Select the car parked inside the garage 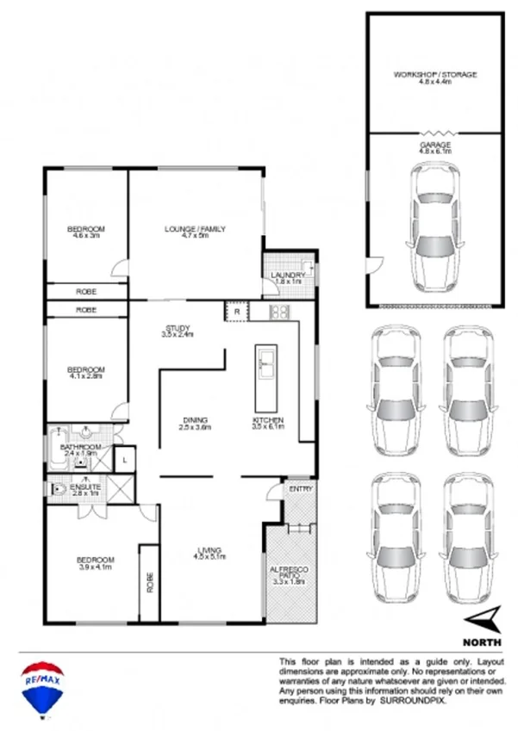[x=434, y=228]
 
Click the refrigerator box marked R [x=235, y=312]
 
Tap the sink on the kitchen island [x=265, y=362]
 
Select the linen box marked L [x=125, y=461]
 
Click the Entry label [x=301, y=489]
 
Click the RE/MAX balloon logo [x=40, y=687]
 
